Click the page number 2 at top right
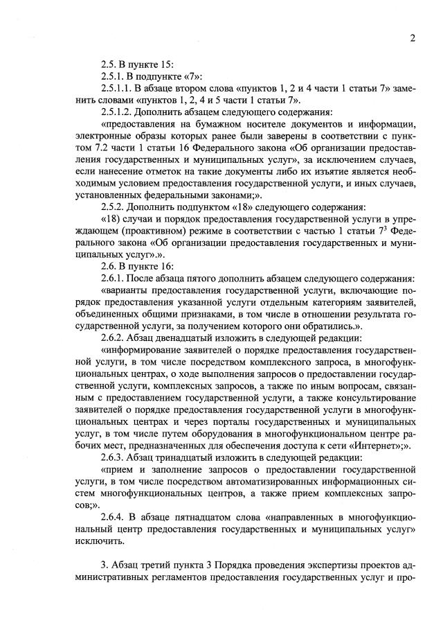[x=412, y=38]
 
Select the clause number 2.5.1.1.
[x=118, y=86]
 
